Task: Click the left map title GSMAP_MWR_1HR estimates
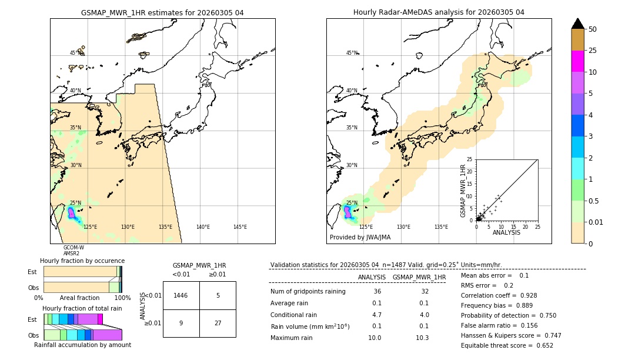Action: click(x=162, y=12)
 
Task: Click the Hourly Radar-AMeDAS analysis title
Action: click(x=439, y=12)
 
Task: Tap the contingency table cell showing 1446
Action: click(x=181, y=295)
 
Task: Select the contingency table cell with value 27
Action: click(x=218, y=323)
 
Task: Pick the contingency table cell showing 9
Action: click(x=181, y=323)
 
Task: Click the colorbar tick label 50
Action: click(x=593, y=29)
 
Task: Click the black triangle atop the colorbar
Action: click(x=577, y=24)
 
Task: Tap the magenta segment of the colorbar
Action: click(x=577, y=61)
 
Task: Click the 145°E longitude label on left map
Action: click(x=240, y=227)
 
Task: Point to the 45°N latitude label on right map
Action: click(x=352, y=53)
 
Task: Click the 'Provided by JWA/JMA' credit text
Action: click(x=360, y=238)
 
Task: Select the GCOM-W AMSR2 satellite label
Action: click(x=73, y=251)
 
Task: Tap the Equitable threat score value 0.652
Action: click(x=541, y=345)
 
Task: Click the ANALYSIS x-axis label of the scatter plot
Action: click(x=506, y=232)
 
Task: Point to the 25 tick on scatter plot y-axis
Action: click(x=469, y=159)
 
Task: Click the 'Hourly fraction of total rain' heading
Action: click(x=82, y=308)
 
